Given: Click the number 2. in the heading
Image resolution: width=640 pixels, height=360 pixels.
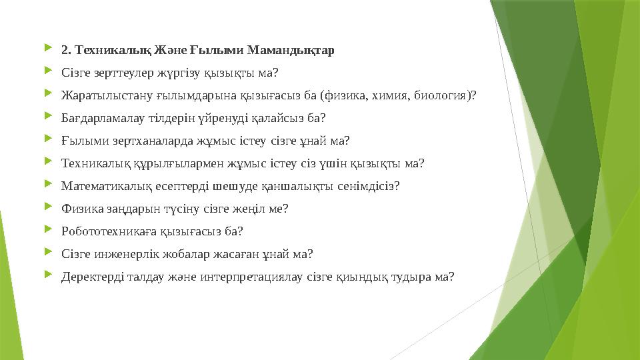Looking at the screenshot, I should [65, 50].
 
